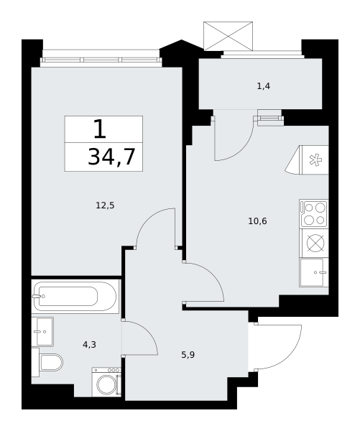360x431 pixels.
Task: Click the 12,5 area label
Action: coord(105,205)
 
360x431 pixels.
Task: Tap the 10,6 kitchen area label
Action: coord(257,221)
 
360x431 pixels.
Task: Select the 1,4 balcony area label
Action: coord(264,86)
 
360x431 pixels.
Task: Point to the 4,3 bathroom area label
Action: coord(89,344)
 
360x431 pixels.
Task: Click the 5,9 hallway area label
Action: coord(188,355)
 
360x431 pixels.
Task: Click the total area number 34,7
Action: coord(111,157)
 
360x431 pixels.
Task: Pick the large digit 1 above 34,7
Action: coord(100,129)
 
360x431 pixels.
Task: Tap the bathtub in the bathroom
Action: coord(75,296)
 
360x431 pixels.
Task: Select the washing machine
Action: coord(106,382)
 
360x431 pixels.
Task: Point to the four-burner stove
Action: coord(314,214)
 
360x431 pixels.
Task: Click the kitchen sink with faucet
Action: coord(314,272)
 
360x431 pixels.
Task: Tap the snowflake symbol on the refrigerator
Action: coord(315,160)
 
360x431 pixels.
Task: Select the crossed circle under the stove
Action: coord(315,244)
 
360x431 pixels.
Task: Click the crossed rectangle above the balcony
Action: coord(228,36)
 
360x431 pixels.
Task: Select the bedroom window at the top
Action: coord(101,59)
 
